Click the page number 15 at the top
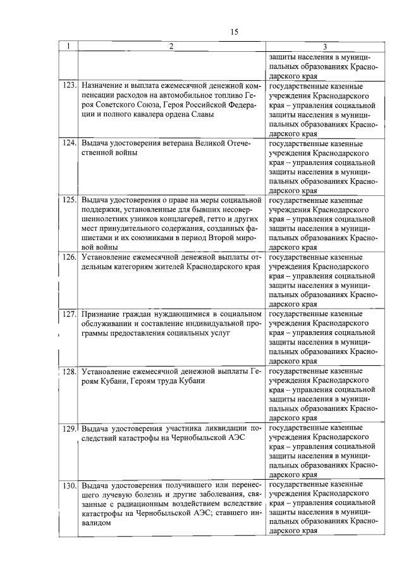[x=235, y=32]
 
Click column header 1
[x=68, y=46]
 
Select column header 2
[x=171, y=46]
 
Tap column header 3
[x=324, y=47]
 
